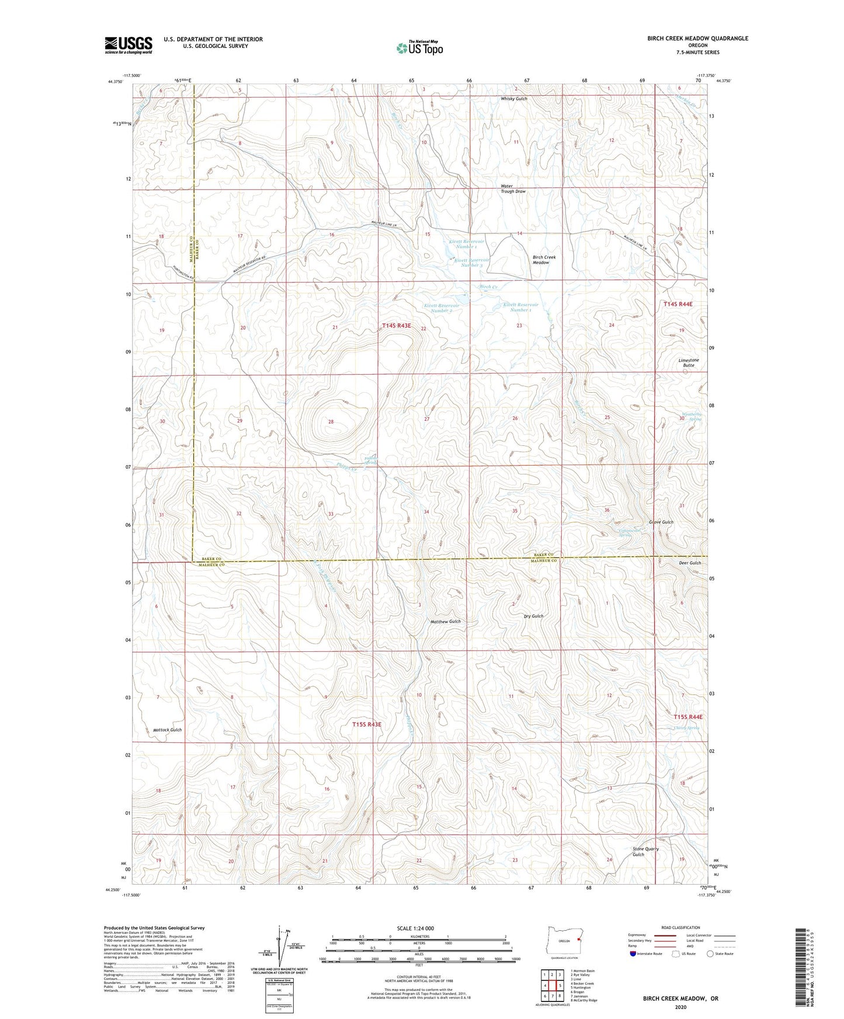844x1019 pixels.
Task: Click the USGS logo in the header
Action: tap(128, 44)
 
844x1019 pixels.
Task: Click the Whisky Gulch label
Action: tap(513, 99)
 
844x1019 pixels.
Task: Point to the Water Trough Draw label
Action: tap(512, 189)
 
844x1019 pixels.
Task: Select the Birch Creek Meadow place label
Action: tap(544, 260)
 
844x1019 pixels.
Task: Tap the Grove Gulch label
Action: tap(661, 522)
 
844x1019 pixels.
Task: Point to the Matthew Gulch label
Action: tap(445, 622)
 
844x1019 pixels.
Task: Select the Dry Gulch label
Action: tap(533, 616)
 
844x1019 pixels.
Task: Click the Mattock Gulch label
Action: tap(167, 730)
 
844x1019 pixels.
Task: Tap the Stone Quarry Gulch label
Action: tap(645, 852)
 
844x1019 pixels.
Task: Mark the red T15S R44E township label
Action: tap(687, 717)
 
